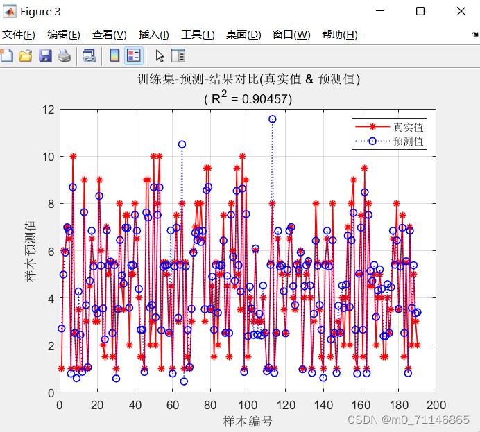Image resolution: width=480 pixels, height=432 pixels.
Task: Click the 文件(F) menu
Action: (18, 35)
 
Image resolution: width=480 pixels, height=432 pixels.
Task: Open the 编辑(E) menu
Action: (63, 35)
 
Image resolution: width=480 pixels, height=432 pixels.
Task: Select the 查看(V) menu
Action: (110, 35)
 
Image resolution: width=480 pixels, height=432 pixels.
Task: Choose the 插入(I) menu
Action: (153, 35)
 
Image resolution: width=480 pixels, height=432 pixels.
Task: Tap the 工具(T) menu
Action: (198, 35)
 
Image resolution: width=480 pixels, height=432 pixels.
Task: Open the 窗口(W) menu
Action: (291, 35)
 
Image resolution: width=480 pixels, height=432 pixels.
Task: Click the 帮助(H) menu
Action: (339, 35)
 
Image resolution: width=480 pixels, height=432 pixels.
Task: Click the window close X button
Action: (461, 11)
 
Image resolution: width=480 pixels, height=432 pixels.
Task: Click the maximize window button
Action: (420, 11)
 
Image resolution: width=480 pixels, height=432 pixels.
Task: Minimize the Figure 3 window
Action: (379, 11)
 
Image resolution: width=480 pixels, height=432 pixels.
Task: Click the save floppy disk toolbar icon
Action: (45, 56)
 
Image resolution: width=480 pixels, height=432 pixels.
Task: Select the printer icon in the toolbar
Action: (64, 56)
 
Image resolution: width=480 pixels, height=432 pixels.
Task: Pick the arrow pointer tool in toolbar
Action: (160, 56)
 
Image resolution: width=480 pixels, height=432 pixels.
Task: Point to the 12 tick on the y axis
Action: (48, 110)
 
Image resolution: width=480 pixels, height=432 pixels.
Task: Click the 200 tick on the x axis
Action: (436, 404)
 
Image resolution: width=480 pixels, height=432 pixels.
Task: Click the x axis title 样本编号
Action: (248, 421)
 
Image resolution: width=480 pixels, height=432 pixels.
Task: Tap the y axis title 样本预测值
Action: (31, 251)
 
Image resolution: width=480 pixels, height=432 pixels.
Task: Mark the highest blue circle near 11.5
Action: (273, 119)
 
